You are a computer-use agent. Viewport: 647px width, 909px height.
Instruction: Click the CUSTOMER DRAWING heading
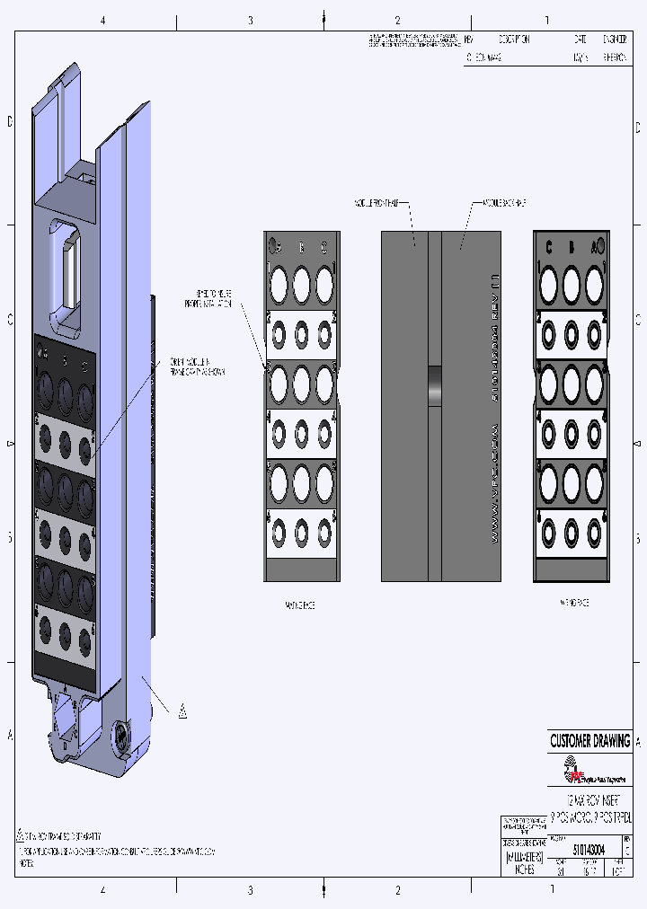(x=589, y=742)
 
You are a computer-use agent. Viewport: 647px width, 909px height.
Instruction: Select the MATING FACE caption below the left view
(x=300, y=605)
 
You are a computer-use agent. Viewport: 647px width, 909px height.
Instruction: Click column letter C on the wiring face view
(x=547, y=248)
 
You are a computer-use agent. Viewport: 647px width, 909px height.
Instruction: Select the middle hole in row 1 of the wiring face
(x=571, y=286)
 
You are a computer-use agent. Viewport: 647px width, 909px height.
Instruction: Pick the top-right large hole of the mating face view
(x=324, y=286)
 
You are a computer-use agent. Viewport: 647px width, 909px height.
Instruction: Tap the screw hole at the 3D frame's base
(x=120, y=739)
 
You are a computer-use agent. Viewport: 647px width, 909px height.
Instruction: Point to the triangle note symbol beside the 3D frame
(x=182, y=712)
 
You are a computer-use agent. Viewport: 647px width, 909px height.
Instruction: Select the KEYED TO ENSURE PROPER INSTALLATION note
(x=215, y=299)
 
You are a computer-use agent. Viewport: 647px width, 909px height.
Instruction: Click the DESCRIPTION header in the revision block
(x=513, y=40)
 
